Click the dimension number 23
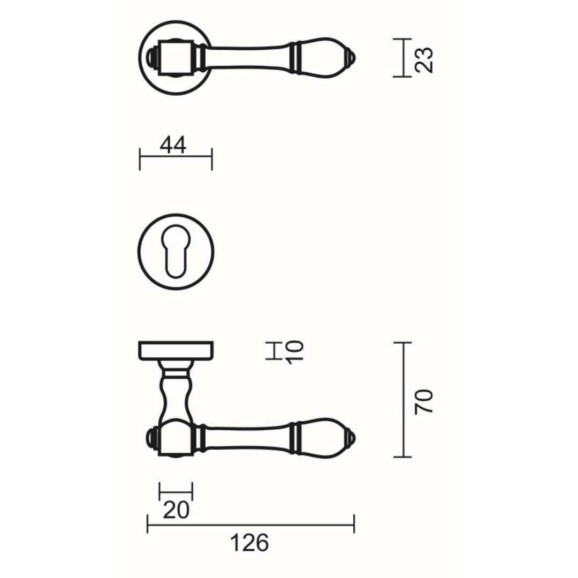[x=424, y=59]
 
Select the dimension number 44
[x=173, y=145]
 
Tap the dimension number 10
[x=295, y=352]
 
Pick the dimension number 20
[x=176, y=510]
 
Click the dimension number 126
[x=249, y=544]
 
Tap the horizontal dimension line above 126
[x=250, y=524]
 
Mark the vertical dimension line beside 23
[x=402, y=58]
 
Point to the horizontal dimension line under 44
[x=176, y=157]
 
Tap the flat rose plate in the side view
[x=176, y=350]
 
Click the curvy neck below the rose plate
[x=176, y=393]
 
